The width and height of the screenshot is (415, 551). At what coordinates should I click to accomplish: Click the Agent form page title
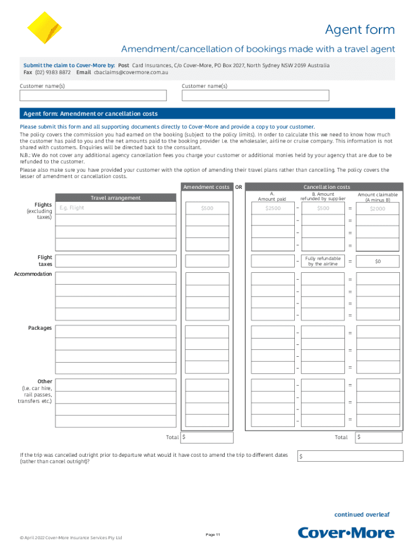point(359,30)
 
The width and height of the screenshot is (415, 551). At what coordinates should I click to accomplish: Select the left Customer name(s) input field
point(93,95)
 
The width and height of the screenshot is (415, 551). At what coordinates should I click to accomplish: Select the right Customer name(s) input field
point(255,95)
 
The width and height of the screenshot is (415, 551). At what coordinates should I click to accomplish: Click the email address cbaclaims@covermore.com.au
point(131,72)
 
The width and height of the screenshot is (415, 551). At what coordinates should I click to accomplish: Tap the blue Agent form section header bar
point(207,114)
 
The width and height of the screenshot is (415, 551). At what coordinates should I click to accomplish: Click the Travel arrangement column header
point(115,197)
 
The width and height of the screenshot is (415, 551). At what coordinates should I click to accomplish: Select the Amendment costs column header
point(206,187)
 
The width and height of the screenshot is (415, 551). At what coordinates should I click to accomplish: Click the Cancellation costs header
point(327,187)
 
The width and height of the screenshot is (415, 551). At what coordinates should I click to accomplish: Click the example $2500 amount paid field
point(273,208)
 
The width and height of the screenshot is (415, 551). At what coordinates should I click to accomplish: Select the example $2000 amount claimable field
point(377,208)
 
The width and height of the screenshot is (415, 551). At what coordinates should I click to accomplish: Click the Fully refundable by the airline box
point(322,261)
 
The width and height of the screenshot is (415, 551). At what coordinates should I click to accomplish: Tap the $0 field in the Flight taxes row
point(377,262)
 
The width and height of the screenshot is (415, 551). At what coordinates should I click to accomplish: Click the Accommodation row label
point(33,274)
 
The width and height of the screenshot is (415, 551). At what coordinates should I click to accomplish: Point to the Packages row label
point(40,328)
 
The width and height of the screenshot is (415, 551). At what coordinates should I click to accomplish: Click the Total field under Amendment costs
point(207,437)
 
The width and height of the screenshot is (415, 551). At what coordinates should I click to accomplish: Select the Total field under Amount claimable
point(377,437)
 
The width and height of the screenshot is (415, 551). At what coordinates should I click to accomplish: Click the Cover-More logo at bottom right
point(347,533)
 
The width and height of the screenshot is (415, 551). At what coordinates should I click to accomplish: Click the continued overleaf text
point(362,514)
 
